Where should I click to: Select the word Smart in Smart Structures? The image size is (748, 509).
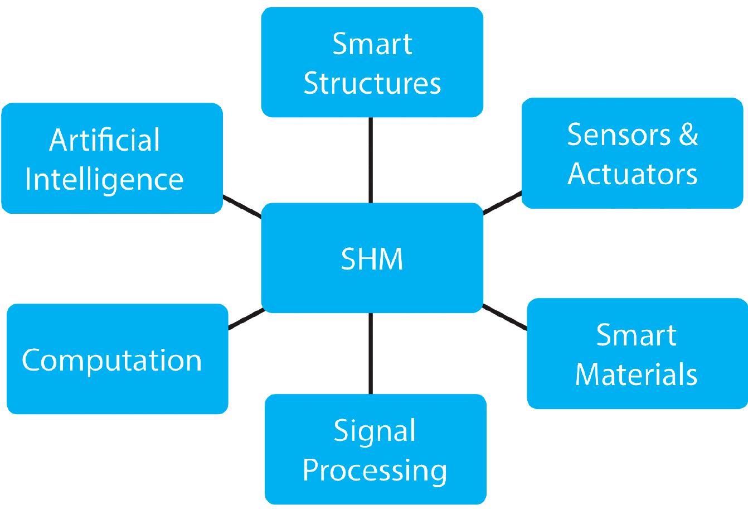372,44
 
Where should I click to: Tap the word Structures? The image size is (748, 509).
372,83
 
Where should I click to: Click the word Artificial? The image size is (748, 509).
104,140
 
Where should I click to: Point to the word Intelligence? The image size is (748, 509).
104,180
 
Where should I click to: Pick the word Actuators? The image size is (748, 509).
633,174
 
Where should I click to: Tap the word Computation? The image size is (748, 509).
111,360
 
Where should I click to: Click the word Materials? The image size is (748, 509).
636,374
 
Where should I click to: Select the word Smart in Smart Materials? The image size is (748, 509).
636,335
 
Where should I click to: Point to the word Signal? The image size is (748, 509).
375,431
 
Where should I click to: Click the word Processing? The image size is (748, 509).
375,470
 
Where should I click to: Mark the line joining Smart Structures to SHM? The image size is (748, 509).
371,160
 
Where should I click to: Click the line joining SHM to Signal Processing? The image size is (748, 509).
371,353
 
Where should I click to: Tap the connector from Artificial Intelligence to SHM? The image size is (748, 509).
242,206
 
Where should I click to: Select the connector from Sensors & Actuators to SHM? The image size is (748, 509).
502,202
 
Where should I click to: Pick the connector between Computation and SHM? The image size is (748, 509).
245,319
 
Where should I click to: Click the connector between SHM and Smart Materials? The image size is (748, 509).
504,317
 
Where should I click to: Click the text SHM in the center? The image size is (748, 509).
372,260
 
